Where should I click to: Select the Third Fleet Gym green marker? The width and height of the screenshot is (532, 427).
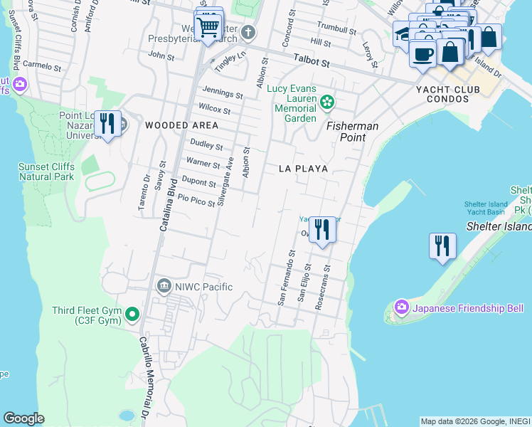click(132, 314)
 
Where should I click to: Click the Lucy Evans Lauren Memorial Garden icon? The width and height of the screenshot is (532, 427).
click(326, 102)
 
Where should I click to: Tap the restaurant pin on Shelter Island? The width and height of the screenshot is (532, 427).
click(442, 246)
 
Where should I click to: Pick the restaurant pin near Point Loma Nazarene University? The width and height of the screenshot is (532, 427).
click(107, 124)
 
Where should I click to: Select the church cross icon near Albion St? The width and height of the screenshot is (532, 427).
click(248, 32)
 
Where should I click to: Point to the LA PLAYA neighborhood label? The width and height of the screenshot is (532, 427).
click(303, 169)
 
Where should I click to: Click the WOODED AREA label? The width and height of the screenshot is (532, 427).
click(171, 125)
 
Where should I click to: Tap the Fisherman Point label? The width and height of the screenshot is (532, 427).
click(352, 126)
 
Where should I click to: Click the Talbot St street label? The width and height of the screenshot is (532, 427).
click(314, 63)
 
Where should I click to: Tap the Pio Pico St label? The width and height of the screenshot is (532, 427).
click(196, 202)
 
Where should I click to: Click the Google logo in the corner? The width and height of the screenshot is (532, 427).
click(23, 418)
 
